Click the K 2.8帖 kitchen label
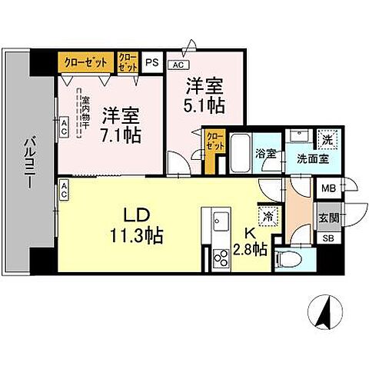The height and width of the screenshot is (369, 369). click(251, 241)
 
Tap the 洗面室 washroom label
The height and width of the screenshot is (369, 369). click(304, 159)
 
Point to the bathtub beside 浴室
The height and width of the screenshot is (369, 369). click(240, 151)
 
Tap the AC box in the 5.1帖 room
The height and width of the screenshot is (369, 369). click(177, 65)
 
